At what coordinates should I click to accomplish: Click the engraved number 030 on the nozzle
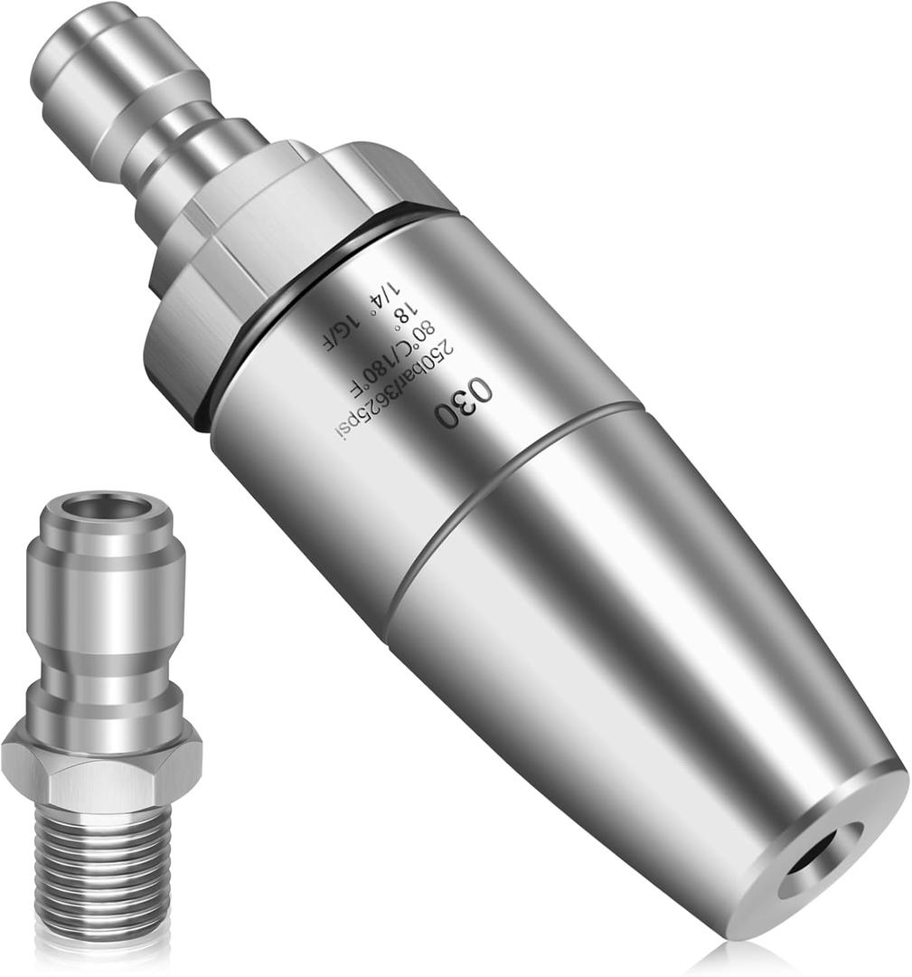pyautogui.click(x=465, y=403)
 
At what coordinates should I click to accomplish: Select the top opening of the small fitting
pyautogui.click(x=99, y=507)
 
